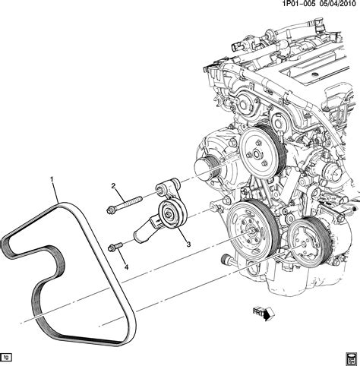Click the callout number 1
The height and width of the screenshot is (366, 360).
click(x=52, y=180)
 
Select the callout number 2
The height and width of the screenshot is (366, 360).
click(x=112, y=186)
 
